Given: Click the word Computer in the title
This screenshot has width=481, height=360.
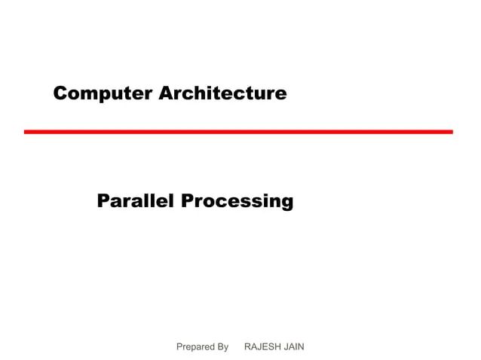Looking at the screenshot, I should pyautogui.click(x=103, y=93).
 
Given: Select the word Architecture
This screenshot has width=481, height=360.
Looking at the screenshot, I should pyautogui.click(x=223, y=93).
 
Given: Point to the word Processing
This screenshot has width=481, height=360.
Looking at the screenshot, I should pyautogui.click(x=237, y=202).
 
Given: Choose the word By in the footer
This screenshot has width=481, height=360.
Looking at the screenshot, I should pyautogui.click(x=222, y=346).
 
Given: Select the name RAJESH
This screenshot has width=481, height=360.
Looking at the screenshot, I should pyautogui.click(x=264, y=346).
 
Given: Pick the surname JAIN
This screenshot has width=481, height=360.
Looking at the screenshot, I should pyautogui.click(x=294, y=346).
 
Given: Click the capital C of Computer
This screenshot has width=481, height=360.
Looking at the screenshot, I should pyautogui.click(x=60, y=93).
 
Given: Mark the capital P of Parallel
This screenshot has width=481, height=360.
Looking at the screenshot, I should pyautogui.click(x=104, y=201).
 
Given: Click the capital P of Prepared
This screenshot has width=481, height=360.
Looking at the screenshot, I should pyautogui.click(x=179, y=346).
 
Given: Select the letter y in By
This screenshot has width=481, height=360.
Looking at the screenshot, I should pyautogui.click(x=225, y=348).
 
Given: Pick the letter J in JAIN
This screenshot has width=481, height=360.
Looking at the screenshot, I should pyautogui.click(x=286, y=346).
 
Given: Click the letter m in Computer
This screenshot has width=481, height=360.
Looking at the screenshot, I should pyautogui.click(x=88, y=95).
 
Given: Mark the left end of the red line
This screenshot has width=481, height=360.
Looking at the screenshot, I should pyautogui.click(x=26, y=132).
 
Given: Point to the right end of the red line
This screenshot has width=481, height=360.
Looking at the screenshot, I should pyautogui.click(x=451, y=132).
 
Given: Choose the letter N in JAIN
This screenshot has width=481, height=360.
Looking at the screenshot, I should pyautogui.click(x=301, y=346).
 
